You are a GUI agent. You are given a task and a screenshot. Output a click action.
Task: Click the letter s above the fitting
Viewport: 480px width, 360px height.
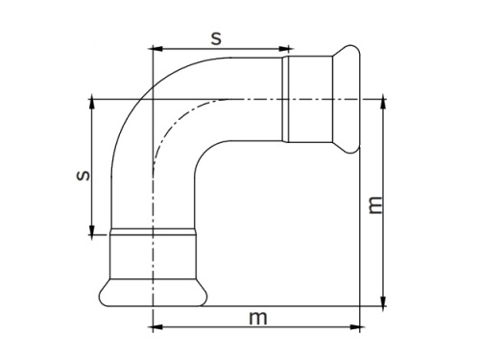(x=216, y=37)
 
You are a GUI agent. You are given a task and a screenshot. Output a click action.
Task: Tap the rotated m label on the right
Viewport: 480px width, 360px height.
(x=375, y=204)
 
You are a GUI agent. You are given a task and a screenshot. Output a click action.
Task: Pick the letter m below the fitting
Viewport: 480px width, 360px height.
(x=256, y=317)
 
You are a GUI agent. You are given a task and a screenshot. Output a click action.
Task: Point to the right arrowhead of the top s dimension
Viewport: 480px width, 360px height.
(x=284, y=48)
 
